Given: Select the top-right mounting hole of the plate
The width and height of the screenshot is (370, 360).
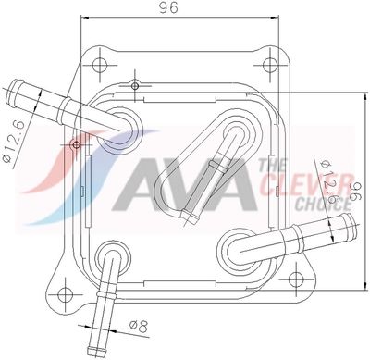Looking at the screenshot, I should (x=269, y=65).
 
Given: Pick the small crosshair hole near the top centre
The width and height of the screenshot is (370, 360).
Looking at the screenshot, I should (x=135, y=87).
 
